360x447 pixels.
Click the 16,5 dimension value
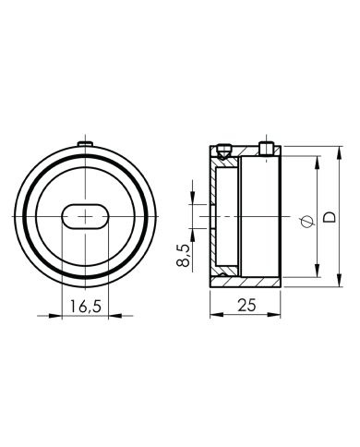click(85, 306)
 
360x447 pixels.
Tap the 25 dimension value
click(245, 306)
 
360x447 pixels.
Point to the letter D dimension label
click(327, 216)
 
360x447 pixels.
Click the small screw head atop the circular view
click(85, 143)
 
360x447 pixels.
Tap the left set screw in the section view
click(224, 148)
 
